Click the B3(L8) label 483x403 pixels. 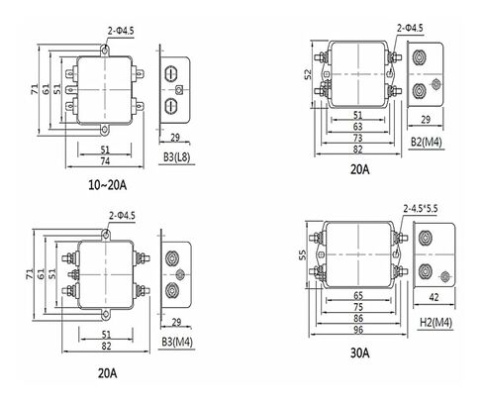pos(176,157)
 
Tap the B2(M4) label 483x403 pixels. pos(426,143)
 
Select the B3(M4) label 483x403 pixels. pos(177,342)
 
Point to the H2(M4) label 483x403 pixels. pos(435,322)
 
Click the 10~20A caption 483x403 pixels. pos(107,185)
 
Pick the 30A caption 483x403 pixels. pos(359,353)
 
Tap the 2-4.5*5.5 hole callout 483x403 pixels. pos(421,209)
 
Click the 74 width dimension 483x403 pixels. pos(105,161)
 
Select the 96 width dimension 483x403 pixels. pos(358,330)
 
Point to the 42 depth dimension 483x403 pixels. pos(434,297)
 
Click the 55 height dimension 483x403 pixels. pos(303,254)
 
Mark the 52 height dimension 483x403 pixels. pos(308,74)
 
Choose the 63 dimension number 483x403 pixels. pos(357,127)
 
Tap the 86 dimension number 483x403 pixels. pos(358,318)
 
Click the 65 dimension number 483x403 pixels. pos(358,295)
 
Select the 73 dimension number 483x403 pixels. pos(357,138)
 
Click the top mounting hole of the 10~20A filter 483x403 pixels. pos(105,50)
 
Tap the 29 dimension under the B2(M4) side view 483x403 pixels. pos(426,120)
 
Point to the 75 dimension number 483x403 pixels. pos(358,307)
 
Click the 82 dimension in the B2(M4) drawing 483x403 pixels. pos(357,150)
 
